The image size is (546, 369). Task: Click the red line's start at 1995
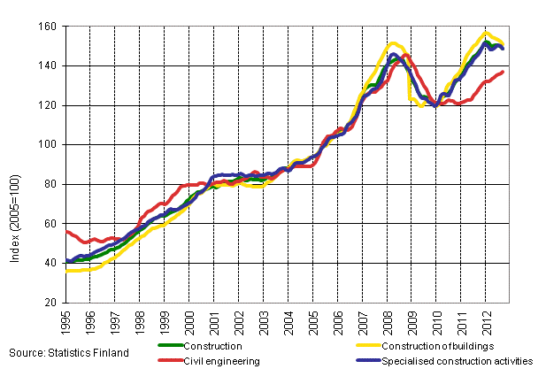67,231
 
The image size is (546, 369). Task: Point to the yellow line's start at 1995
67,271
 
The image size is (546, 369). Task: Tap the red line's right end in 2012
503,72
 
